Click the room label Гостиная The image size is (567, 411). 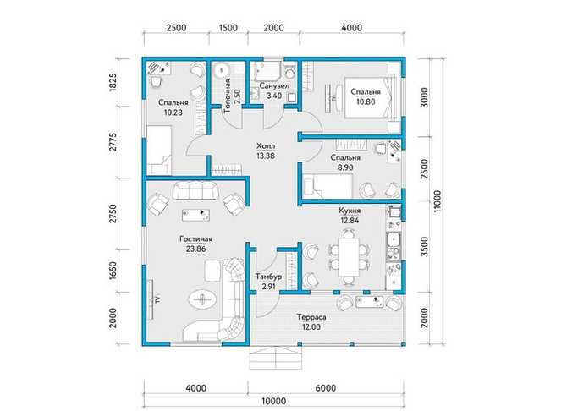tap(195, 239)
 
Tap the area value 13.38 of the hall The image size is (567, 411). tap(266, 156)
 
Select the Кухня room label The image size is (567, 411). tap(350, 211)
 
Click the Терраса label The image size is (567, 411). tap(311, 317)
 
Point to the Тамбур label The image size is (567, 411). tap(268, 277)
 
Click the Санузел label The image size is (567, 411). tap(274, 86)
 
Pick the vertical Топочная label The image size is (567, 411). tap(228, 96)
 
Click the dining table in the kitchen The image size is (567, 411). tap(349, 257)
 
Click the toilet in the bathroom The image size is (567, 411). tap(289, 72)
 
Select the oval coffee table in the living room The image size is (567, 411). tap(202, 299)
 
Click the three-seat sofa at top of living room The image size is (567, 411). tap(196, 190)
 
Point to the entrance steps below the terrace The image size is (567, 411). tap(276, 358)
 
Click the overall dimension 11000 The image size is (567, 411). tap(438, 201)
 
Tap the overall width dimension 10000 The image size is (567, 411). tap(273, 401)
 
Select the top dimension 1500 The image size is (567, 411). tap(228, 28)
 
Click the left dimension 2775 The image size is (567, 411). tap(113, 142)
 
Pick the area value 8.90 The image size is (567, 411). tap(345, 167)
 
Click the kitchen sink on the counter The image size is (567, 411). tap(394, 239)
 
